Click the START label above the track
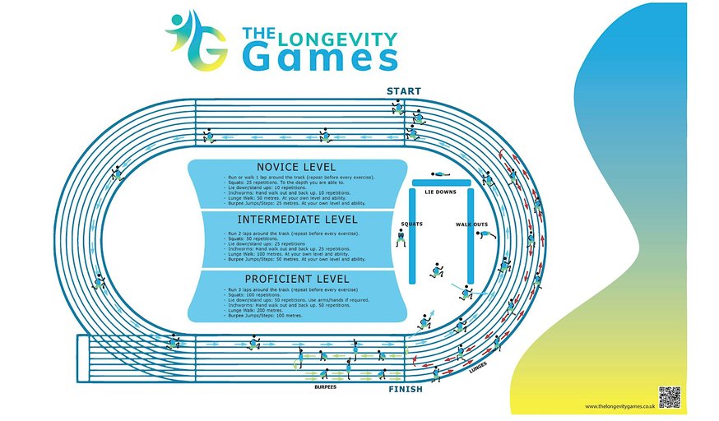(x=403, y=91)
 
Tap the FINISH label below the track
(x=405, y=389)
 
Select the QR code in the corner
(x=669, y=396)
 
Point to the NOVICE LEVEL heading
(x=297, y=166)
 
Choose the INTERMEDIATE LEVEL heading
(x=297, y=220)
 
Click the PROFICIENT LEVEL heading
(x=297, y=279)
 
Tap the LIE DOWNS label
(x=440, y=191)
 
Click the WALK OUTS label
(x=471, y=224)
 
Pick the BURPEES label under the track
(x=326, y=384)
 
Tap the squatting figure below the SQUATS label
(x=401, y=238)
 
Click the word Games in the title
(x=320, y=57)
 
